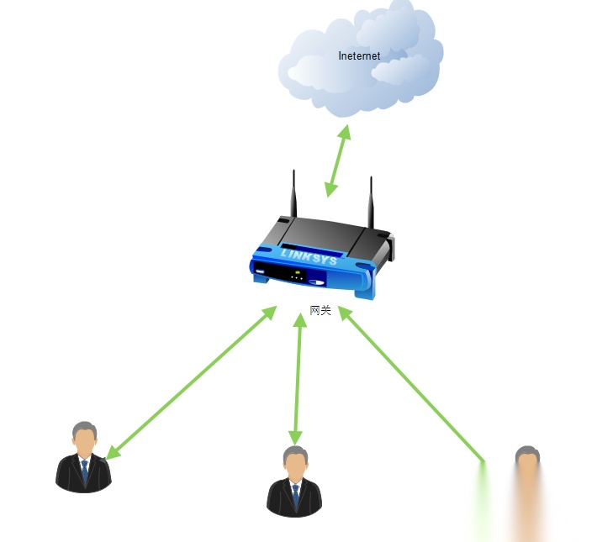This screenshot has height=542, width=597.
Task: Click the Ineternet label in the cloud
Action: coord(359,56)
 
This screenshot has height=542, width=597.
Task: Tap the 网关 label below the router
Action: coord(321,310)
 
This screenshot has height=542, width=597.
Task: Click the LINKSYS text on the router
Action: coord(309,255)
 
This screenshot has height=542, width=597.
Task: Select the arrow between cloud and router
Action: coord(338,161)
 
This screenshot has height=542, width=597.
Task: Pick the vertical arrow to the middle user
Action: coord(297,378)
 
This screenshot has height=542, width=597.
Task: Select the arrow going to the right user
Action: coord(412,383)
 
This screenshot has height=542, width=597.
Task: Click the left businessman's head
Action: coord(83,437)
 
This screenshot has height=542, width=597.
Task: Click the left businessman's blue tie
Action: coord(85,471)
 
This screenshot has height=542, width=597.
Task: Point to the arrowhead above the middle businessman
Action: coord(295,436)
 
